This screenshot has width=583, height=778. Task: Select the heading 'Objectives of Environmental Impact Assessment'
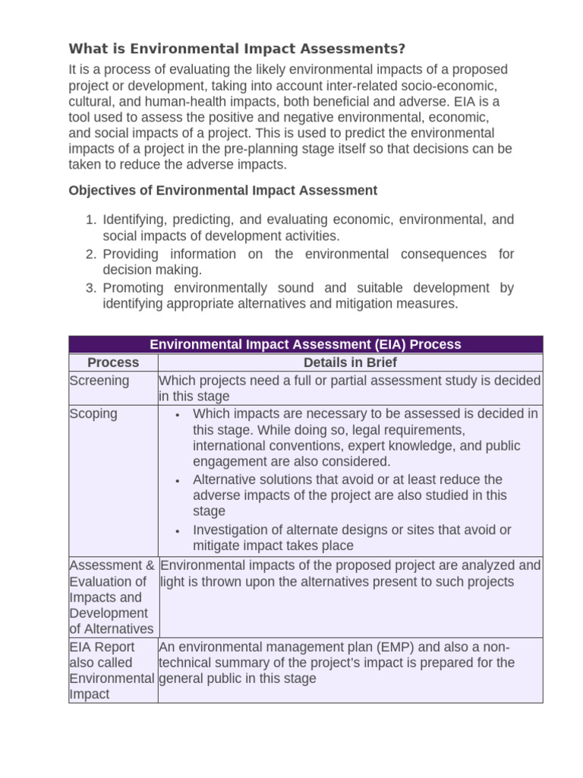(222, 190)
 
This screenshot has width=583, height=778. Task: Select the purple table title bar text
(305, 344)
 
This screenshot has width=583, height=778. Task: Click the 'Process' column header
(113, 363)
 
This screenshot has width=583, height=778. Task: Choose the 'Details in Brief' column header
(350, 363)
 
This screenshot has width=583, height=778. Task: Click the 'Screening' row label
(99, 381)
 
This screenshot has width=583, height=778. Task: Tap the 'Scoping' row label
(93, 414)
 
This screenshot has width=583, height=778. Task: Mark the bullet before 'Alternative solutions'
(176, 481)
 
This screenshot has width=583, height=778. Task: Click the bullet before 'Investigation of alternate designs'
(176, 531)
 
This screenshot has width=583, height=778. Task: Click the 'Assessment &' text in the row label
(112, 566)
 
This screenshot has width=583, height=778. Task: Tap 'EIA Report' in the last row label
(102, 647)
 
